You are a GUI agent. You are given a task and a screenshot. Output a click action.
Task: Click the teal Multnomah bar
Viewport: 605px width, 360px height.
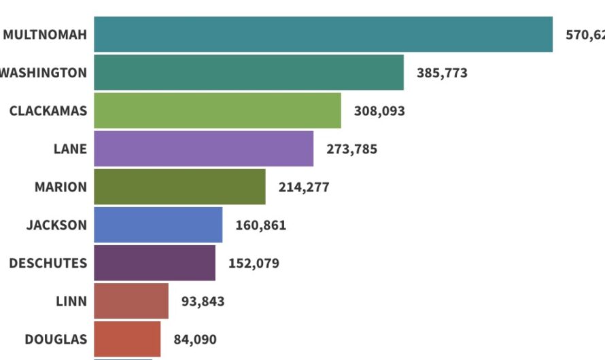click(x=323, y=35)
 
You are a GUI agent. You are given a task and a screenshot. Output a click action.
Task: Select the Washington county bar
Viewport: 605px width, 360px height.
click(x=249, y=73)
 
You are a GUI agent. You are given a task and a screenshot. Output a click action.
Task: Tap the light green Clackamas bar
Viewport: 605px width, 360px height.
click(x=218, y=111)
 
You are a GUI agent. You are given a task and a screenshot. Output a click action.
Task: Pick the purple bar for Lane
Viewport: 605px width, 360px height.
click(x=204, y=149)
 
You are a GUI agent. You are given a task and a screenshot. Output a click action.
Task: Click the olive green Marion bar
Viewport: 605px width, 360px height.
click(x=179, y=187)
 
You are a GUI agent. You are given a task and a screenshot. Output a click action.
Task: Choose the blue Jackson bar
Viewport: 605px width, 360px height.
click(x=158, y=225)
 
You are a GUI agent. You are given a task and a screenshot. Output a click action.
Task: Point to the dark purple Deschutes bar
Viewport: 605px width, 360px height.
click(x=154, y=263)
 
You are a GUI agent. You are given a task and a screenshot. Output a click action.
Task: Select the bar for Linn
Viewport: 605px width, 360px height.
click(x=131, y=301)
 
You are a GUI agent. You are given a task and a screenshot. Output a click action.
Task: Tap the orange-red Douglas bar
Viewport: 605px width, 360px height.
click(x=127, y=339)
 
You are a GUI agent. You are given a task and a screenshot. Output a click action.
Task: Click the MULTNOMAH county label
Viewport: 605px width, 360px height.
click(x=45, y=35)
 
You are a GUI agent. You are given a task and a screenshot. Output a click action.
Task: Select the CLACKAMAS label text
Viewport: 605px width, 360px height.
click(x=48, y=111)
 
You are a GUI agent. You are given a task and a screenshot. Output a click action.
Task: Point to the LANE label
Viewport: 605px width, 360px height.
click(x=70, y=149)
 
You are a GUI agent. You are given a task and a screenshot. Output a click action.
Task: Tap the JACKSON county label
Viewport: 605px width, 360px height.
click(x=56, y=225)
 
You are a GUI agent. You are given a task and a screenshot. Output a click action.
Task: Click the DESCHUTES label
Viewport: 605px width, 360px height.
click(x=48, y=263)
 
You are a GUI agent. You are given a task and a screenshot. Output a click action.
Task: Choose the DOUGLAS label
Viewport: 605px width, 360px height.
click(x=56, y=339)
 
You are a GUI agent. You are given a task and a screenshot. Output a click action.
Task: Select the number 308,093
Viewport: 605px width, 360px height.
click(x=379, y=111)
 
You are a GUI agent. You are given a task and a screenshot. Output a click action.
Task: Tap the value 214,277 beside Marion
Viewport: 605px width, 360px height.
click(x=304, y=187)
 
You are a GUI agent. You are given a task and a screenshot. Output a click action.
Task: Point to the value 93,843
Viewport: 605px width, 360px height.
click(x=203, y=301)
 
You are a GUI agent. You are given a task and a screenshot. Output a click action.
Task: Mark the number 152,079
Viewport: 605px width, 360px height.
click(x=254, y=263)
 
